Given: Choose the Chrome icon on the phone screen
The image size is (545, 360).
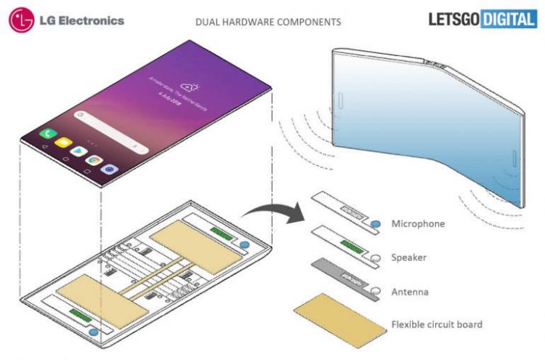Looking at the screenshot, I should tap(94, 159).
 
